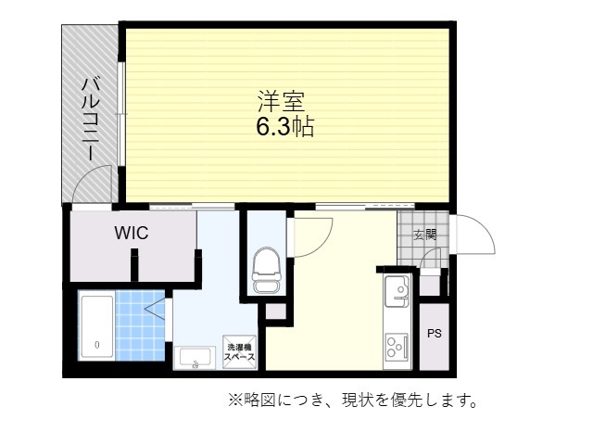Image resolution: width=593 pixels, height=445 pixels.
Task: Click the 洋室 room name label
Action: pyautogui.click(x=281, y=101)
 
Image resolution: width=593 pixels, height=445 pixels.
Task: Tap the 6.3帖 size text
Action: pyautogui.click(x=285, y=126)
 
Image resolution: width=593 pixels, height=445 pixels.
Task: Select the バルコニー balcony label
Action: pyautogui.click(x=91, y=119)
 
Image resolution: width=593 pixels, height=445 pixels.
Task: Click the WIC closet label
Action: pyautogui.click(x=132, y=233)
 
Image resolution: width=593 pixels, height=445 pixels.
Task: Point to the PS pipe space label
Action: pyautogui.click(x=435, y=334)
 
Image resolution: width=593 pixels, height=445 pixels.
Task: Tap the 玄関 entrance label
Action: pyautogui.click(x=425, y=235)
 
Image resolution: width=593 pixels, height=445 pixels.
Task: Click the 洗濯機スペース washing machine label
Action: pyautogui.click(x=240, y=352)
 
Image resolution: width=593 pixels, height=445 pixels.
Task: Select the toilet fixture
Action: pyautogui.click(x=267, y=270)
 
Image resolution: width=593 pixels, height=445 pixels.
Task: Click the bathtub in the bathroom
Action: pyautogui.click(x=97, y=326)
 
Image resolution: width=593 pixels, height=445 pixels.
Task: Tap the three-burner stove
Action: pyautogui.click(x=397, y=347)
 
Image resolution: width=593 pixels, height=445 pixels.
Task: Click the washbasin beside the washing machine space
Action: pyautogui.click(x=195, y=358)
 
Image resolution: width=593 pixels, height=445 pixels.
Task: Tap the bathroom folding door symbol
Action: pyautogui.click(x=156, y=309)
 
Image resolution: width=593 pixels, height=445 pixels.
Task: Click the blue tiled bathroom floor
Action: pyautogui.click(x=140, y=325)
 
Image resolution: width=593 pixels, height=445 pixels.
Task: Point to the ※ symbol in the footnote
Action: pyautogui.click(x=234, y=400)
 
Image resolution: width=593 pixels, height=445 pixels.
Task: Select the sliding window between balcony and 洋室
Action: pyautogui.click(x=121, y=113)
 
